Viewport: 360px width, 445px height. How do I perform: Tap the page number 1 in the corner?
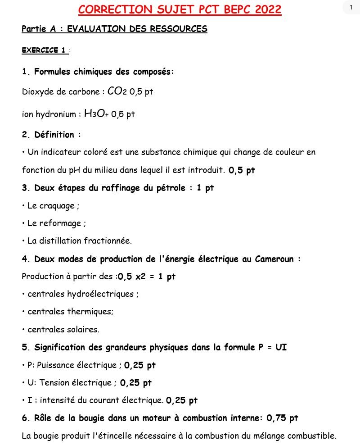tap(351, 7)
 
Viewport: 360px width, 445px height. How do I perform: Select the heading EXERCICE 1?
tap(44, 50)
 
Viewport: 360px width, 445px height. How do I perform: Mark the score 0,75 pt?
tap(282, 418)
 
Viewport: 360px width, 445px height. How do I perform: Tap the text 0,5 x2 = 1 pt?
tap(147, 277)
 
